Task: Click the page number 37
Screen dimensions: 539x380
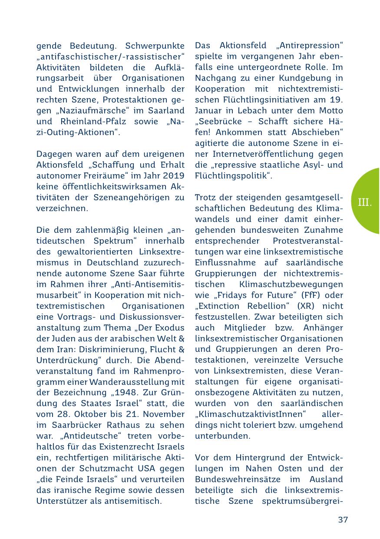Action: (343, 519)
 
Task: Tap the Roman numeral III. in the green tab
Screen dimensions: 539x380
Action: (365, 202)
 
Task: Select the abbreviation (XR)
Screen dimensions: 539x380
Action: (310, 306)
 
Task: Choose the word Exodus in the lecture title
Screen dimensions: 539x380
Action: (171, 327)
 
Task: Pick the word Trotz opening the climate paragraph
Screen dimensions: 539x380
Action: (205, 198)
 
